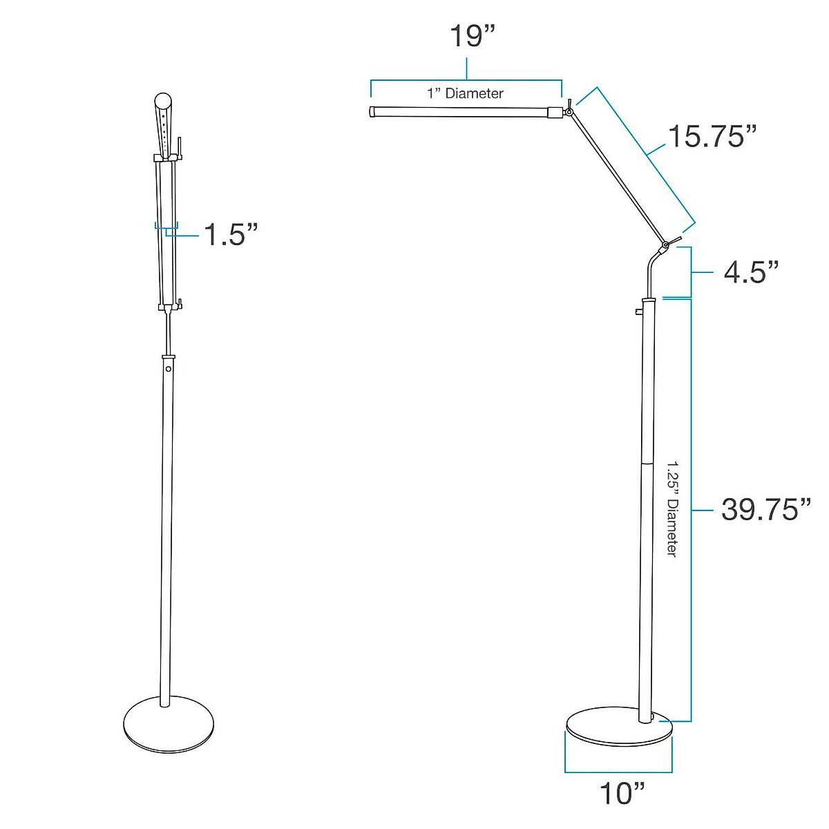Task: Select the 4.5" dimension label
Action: [752, 272]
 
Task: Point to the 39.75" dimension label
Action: [765, 510]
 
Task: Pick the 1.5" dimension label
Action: [230, 235]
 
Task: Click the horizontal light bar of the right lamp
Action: [459, 111]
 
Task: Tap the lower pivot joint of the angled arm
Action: [665, 245]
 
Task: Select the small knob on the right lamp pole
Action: [638, 313]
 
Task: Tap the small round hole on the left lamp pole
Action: [168, 370]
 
